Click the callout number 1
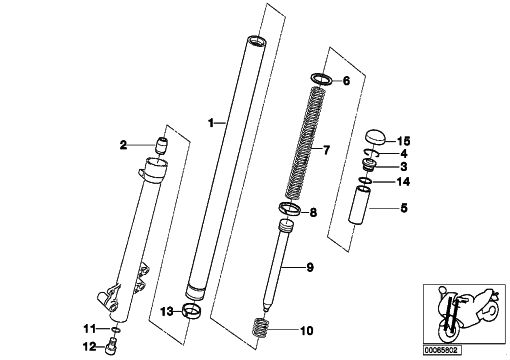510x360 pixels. click(x=211, y=123)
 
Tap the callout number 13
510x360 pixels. click(x=167, y=312)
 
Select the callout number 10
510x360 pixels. click(x=307, y=331)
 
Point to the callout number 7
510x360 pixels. click(x=326, y=150)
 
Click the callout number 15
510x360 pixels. click(x=404, y=141)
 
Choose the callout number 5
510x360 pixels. click(x=404, y=208)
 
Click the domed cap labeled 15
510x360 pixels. click(x=376, y=137)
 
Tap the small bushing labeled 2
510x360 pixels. click(x=162, y=145)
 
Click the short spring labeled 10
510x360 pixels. click(x=261, y=328)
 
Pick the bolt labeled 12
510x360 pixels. click(x=110, y=347)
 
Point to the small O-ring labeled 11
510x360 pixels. click(x=116, y=329)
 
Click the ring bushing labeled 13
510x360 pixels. click(x=192, y=311)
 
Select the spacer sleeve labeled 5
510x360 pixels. click(x=359, y=205)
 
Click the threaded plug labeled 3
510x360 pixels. click(x=369, y=165)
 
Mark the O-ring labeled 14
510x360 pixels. click(x=366, y=180)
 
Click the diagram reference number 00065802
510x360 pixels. click(x=443, y=350)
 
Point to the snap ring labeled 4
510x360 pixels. click(x=371, y=152)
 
